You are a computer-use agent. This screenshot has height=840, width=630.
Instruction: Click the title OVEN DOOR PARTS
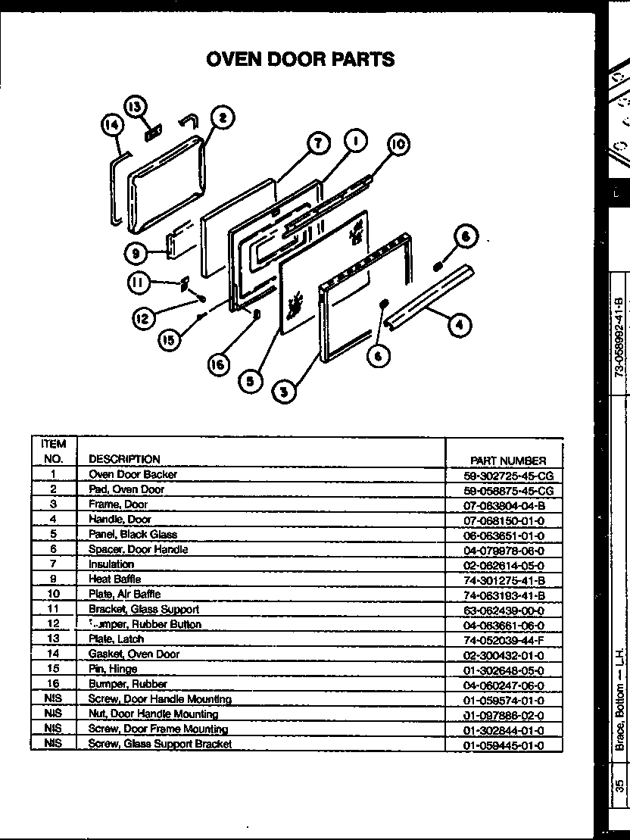pyautogui.click(x=301, y=59)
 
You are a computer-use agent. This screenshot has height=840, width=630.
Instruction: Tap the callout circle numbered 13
pyautogui.click(x=136, y=108)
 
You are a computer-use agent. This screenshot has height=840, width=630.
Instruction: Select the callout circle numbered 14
pyautogui.click(x=112, y=126)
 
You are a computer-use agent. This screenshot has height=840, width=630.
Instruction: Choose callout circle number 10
pyautogui.click(x=398, y=145)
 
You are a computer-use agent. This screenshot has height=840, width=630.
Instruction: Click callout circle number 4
pyautogui.click(x=458, y=325)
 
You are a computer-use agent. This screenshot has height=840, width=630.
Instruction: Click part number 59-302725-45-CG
pyautogui.click(x=508, y=476)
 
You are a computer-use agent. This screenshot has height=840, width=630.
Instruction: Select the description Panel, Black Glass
pyautogui.click(x=133, y=534)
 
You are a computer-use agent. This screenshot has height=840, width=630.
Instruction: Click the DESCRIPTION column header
pyautogui.click(x=124, y=459)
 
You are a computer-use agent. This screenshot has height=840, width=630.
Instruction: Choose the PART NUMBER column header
pyautogui.click(x=507, y=461)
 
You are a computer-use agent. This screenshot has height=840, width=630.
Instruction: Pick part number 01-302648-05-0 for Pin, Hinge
pyautogui.click(x=504, y=670)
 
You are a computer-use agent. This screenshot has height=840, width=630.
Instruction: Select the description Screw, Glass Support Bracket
pyautogui.click(x=160, y=744)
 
